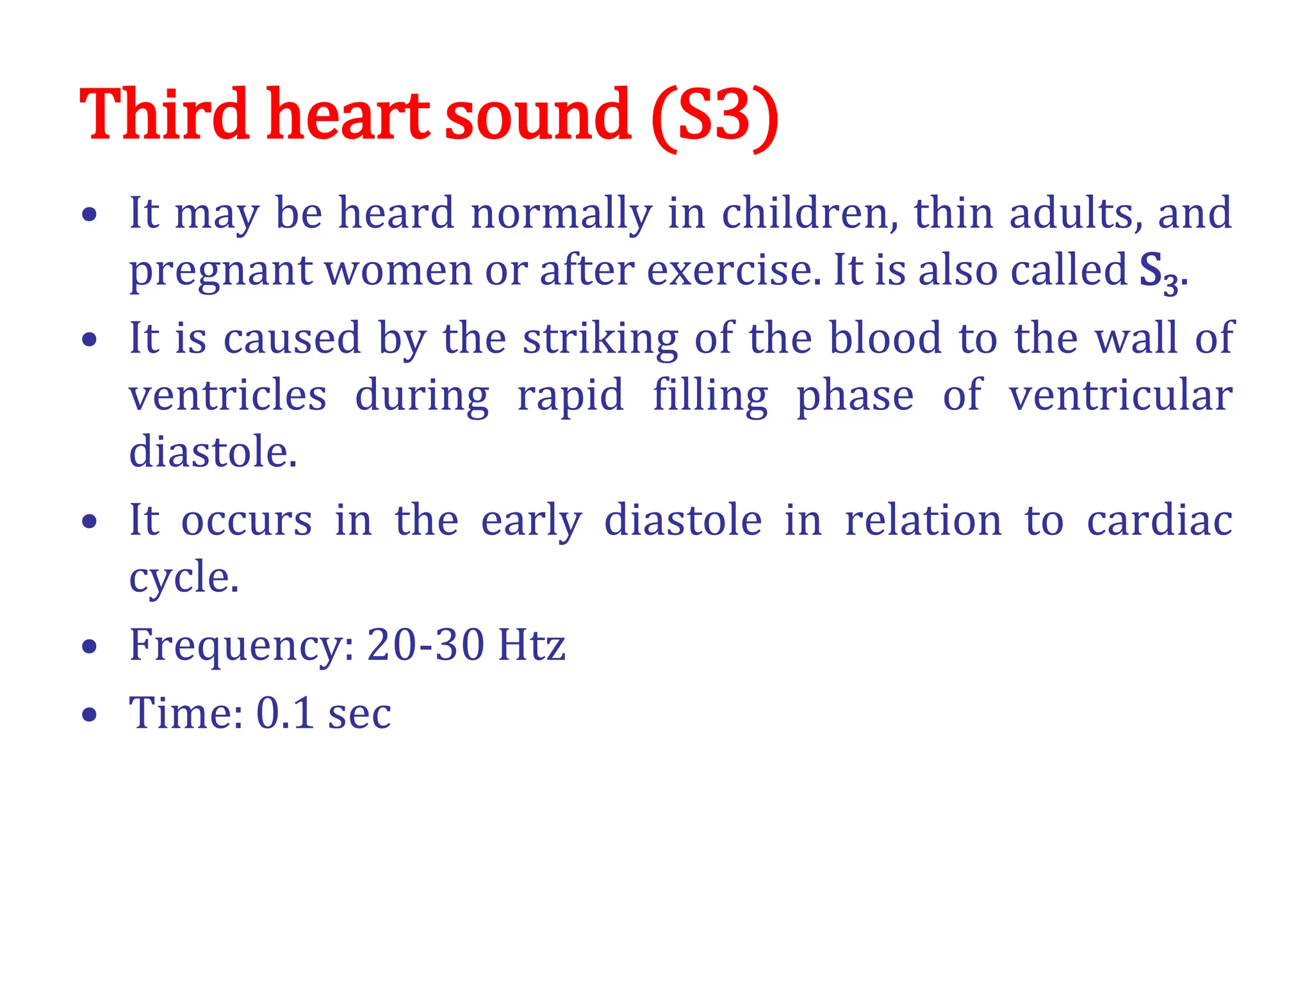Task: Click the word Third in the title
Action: pyautogui.click(x=164, y=115)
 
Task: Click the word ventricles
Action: pyautogui.click(x=228, y=395)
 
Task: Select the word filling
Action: pyautogui.click(x=710, y=396)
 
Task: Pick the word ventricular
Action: pyautogui.click(x=1120, y=395)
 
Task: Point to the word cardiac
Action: pyautogui.click(x=1160, y=520)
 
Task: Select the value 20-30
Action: pyautogui.click(x=425, y=644)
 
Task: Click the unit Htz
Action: pyautogui.click(x=532, y=644)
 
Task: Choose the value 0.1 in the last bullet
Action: pyautogui.click(x=284, y=712)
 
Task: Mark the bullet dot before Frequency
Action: pyautogui.click(x=90, y=646)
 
